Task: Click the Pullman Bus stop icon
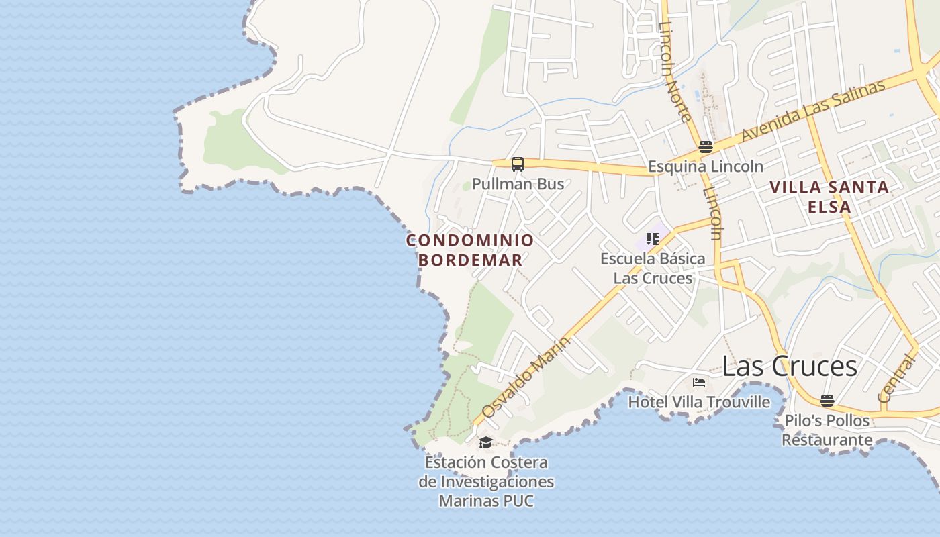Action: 517,164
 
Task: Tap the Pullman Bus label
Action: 518,183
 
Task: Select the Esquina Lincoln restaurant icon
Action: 705,147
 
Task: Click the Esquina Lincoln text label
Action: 705,166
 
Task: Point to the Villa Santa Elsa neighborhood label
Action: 830,197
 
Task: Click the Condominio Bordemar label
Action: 470,250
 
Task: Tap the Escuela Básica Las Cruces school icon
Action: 652,238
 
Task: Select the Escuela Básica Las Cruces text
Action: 653,268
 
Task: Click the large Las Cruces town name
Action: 790,367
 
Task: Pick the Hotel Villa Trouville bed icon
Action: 699,383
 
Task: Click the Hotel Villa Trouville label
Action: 699,402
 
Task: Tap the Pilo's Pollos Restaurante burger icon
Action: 827,401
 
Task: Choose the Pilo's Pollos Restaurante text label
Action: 827,430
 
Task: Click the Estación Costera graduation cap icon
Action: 485,442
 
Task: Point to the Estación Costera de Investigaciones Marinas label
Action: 486,481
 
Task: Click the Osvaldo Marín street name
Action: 526,377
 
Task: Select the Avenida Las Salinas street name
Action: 813,111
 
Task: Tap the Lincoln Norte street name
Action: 675,72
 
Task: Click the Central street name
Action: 897,379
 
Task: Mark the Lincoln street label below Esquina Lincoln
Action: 712,213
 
